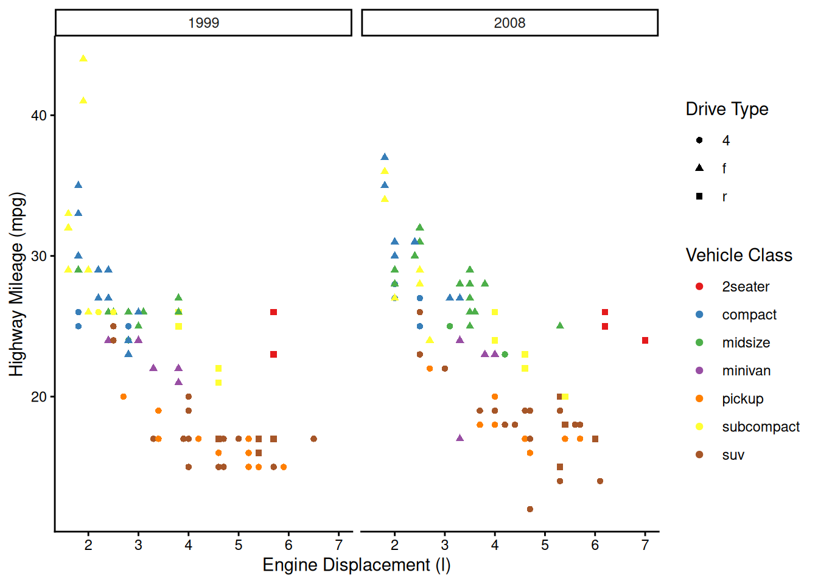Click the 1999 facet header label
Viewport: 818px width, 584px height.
coord(203,23)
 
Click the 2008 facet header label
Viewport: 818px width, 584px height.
coord(509,23)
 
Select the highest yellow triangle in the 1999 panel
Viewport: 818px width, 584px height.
coord(83,59)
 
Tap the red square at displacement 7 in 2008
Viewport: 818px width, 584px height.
coord(645,341)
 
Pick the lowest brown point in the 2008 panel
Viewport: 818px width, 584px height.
coord(530,509)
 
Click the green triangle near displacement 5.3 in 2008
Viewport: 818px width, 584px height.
coord(560,326)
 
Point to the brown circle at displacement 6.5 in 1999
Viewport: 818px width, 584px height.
coord(313,439)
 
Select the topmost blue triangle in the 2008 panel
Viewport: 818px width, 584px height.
coord(385,158)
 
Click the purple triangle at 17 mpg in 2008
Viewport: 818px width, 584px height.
coord(460,438)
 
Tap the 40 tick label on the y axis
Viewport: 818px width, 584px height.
coord(39,116)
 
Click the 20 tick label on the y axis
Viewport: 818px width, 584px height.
coord(39,397)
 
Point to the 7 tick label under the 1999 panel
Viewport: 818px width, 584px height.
coord(339,545)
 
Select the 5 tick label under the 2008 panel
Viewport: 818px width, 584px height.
coord(545,545)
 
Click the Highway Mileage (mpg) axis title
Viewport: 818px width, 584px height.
coord(16,284)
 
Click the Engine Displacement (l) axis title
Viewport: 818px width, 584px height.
coord(357,565)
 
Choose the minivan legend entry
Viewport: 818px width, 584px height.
coord(746,371)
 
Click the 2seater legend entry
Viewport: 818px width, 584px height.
coord(746,287)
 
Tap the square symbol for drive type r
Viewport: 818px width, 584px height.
coord(699,196)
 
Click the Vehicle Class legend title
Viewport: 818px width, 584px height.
coord(739,255)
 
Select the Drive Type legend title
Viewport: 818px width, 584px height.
coord(727,109)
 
